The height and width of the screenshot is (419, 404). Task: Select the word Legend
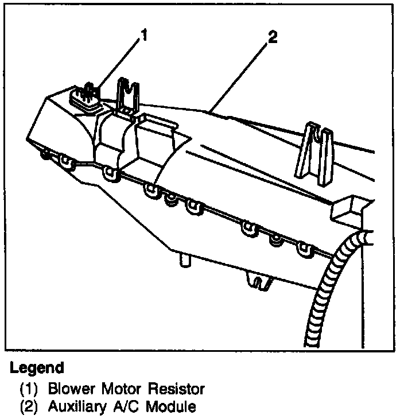[37, 367]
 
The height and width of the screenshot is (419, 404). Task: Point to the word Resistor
[177, 389]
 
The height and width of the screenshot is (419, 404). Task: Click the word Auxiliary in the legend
[72, 407]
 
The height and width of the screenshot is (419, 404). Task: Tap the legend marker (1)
[29, 389]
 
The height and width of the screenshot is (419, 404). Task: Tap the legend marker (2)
[29, 407]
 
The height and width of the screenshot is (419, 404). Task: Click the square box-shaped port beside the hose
[349, 209]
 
